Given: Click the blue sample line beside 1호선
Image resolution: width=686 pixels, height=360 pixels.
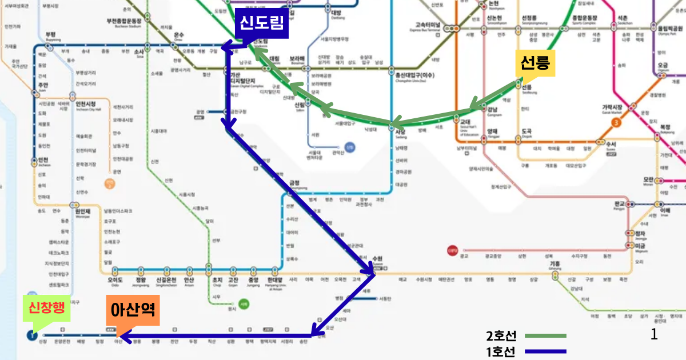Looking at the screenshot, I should (x=545, y=351).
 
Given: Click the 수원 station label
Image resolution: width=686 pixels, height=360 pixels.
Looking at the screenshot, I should (x=377, y=258).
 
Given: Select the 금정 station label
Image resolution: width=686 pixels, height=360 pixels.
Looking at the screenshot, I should (x=294, y=183).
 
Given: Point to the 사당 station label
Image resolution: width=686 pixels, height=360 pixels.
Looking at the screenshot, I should (x=400, y=131).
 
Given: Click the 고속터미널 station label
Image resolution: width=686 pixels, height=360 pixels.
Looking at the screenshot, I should (x=428, y=25).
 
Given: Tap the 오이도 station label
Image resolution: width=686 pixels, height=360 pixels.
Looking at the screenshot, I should (x=115, y=280).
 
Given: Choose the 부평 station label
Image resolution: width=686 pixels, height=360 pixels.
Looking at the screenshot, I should (x=50, y=34).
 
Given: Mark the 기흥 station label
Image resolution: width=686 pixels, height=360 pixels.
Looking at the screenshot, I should (x=555, y=264).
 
